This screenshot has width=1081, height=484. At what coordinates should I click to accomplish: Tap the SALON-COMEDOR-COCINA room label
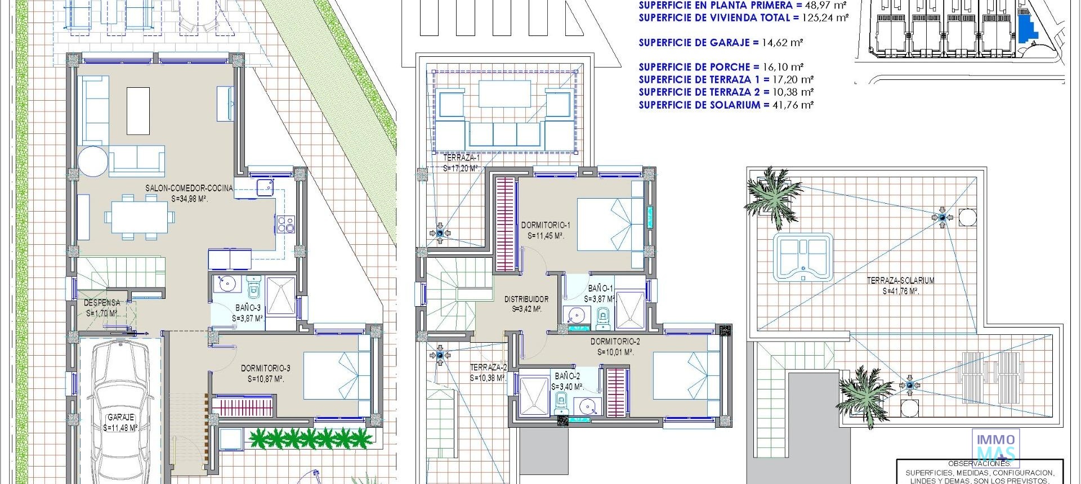(x=189, y=189)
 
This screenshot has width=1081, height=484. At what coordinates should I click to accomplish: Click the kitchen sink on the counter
(x=265, y=187)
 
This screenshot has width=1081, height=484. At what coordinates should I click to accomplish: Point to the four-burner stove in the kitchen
(x=285, y=225)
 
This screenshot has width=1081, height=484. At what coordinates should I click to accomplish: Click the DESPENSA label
(x=102, y=303)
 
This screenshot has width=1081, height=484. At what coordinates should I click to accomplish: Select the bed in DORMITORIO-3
(x=337, y=376)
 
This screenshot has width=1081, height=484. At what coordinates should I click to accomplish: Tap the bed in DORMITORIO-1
(x=610, y=225)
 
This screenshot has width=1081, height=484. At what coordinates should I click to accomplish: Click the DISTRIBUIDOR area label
(x=526, y=299)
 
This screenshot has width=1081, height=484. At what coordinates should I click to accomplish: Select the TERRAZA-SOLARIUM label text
(x=900, y=280)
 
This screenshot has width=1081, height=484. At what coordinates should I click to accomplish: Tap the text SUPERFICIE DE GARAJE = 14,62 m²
(x=721, y=42)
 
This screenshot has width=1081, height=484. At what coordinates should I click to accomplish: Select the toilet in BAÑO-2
(x=561, y=402)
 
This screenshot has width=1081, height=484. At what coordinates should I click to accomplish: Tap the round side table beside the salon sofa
(x=93, y=161)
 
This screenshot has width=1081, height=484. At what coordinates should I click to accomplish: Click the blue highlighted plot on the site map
(x=1028, y=28)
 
